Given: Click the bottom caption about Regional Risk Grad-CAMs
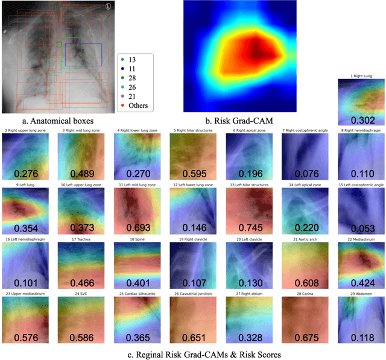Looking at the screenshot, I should [x=192, y=353].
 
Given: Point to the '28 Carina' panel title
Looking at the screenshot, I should [x=303, y=294].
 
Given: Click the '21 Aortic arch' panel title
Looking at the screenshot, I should [x=303, y=239].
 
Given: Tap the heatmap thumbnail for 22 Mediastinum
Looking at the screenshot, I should [x=359, y=264].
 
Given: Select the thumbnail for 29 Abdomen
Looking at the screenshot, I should [x=359, y=319].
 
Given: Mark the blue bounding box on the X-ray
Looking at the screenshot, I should [x=83, y=54].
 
